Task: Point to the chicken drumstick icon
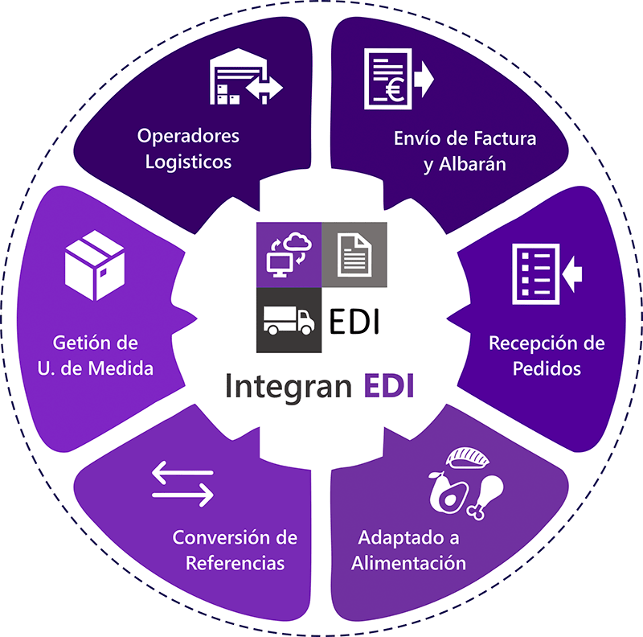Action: tap(485, 495)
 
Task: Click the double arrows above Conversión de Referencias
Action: tap(183, 484)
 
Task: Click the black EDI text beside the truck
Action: tap(354, 322)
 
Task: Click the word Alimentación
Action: tap(408, 561)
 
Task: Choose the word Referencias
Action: tap(235, 561)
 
